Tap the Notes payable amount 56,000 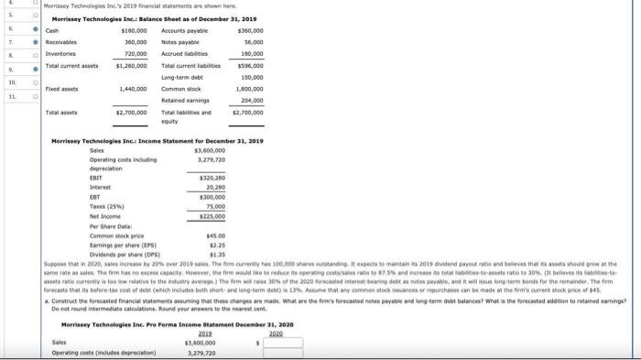tap(250, 41)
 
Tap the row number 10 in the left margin tap(13, 80)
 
